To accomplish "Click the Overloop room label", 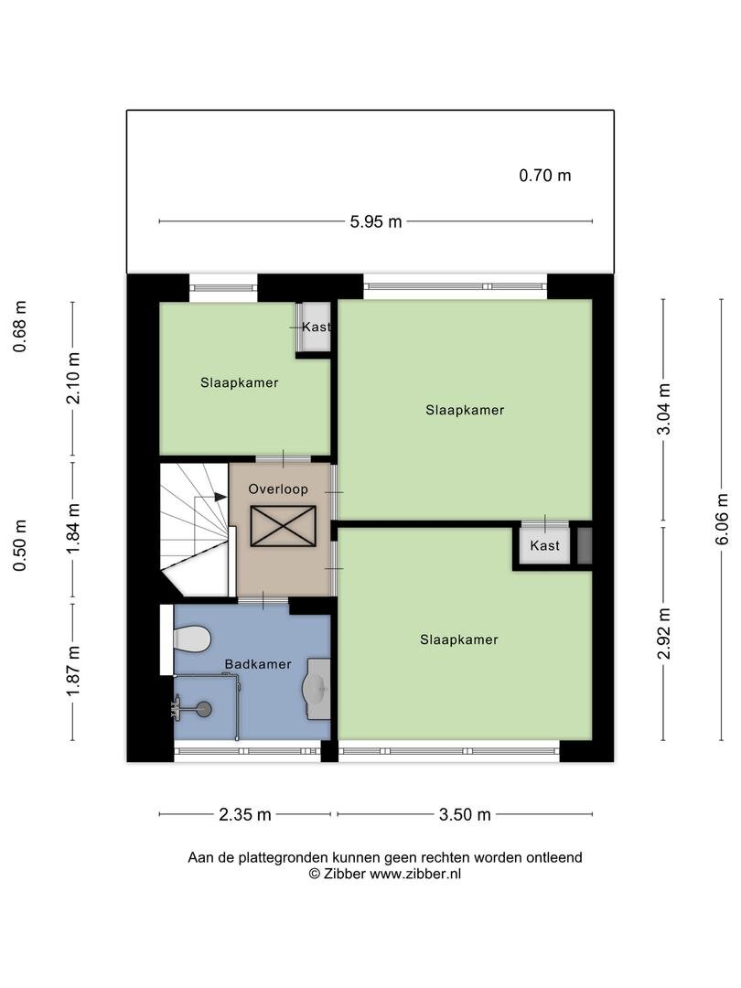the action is (x=278, y=489).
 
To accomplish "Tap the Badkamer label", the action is (x=258, y=664).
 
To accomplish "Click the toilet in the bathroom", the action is (x=191, y=639).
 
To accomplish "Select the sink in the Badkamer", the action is (x=317, y=689).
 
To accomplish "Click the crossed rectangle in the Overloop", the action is (x=283, y=526).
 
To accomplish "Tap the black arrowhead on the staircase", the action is (x=220, y=497).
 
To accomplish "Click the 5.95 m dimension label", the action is (x=376, y=221).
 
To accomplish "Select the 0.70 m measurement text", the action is (x=545, y=176).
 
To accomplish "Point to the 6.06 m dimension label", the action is (x=722, y=520).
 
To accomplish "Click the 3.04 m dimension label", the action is (x=663, y=409).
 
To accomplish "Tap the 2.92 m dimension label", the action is (x=663, y=634).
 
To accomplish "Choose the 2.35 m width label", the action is (x=245, y=815).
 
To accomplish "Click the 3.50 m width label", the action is (x=465, y=815).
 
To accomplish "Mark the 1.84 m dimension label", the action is (x=74, y=529).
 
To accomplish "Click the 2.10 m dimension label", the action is (x=74, y=378).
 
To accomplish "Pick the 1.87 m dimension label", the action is (x=74, y=672).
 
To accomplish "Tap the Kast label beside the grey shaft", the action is (x=544, y=545).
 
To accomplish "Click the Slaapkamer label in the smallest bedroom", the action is (x=240, y=382).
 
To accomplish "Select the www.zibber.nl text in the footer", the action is (x=415, y=874).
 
